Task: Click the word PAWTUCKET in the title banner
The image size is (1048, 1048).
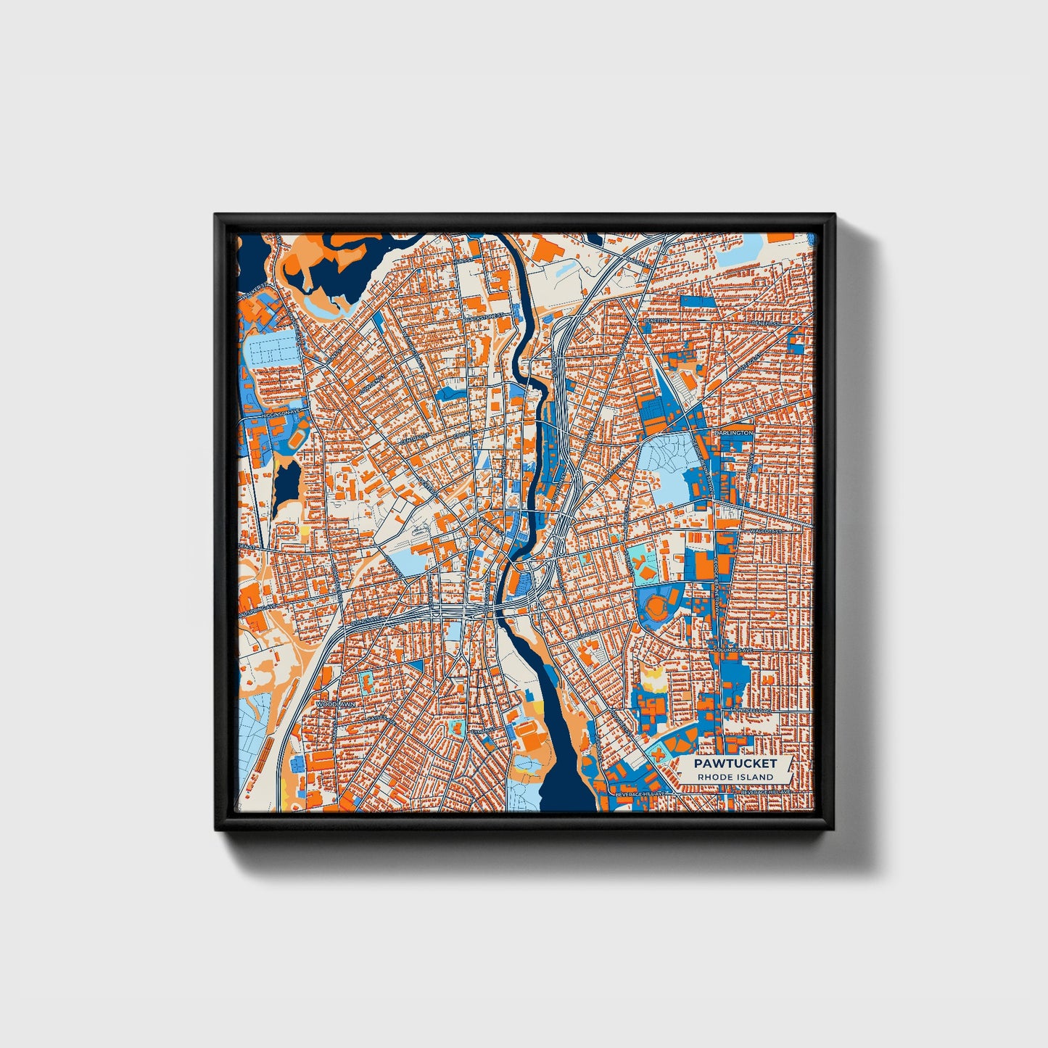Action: click(735, 763)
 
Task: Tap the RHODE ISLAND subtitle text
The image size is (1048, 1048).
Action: click(735, 777)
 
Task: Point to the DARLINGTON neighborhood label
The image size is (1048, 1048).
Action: click(733, 432)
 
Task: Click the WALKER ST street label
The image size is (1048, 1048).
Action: click(255, 292)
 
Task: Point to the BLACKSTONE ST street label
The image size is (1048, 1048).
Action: click(484, 317)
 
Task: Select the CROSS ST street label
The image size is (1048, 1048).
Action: click(462, 435)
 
